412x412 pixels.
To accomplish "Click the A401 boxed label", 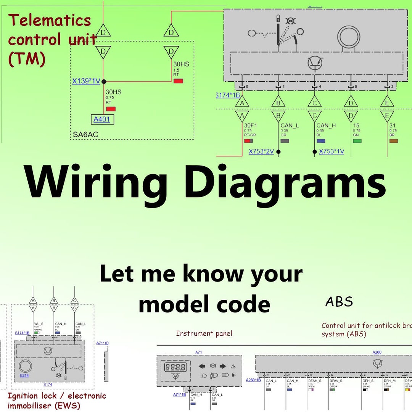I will pyautogui.click(x=102, y=119).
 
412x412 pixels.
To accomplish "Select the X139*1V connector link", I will pyautogui.click(x=86, y=81).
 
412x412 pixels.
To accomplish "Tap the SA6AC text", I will pyautogui.click(x=85, y=134).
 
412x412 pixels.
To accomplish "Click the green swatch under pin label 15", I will pyautogui.click(x=357, y=141).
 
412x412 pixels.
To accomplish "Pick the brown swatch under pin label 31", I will pyautogui.click(x=393, y=141).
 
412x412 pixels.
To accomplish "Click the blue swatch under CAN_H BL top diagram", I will pyautogui.click(x=321, y=141).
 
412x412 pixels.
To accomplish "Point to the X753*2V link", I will pyautogui.click(x=261, y=151).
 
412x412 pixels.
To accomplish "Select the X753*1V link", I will pyautogui.click(x=332, y=151).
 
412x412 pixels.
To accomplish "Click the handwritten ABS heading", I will pyautogui.click(x=339, y=302).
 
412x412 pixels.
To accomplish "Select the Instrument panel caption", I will pyautogui.click(x=204, y=333).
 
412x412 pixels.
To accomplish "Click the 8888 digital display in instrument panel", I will pyautogui.click(x=175, y=367).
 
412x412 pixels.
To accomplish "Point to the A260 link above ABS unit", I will pyautogui.click(x=377, y=352).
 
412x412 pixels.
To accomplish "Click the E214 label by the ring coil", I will pyautogui.click(x=24, y=375).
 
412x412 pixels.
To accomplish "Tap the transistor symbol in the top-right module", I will pyautogui.click(x=315, y=63).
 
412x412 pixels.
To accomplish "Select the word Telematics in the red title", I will pyautogui.click(x=50, y=20).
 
